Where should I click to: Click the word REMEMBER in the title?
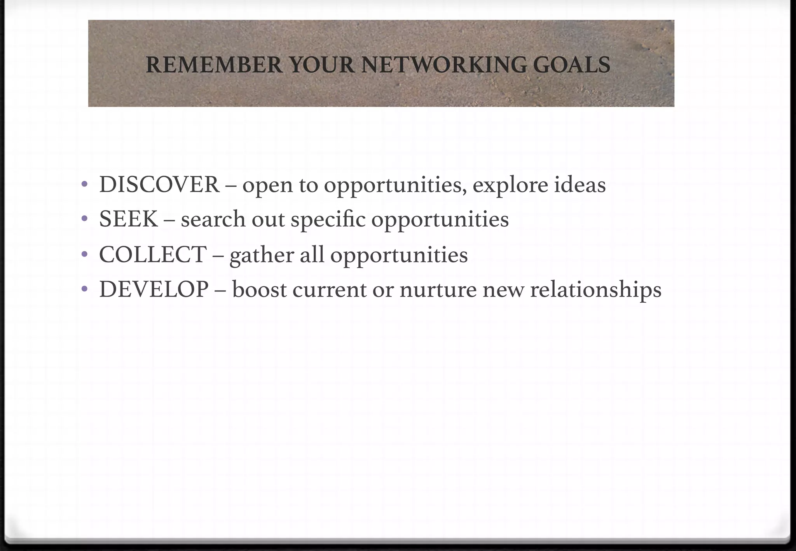(x=214, y=65)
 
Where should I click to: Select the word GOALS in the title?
(x=571, y=65)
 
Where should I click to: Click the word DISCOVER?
(x=159, y=185)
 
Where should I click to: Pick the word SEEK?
(x=129, y=219)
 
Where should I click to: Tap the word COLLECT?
(x=153, y=255)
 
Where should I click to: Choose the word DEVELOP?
(x=154, y=289)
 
